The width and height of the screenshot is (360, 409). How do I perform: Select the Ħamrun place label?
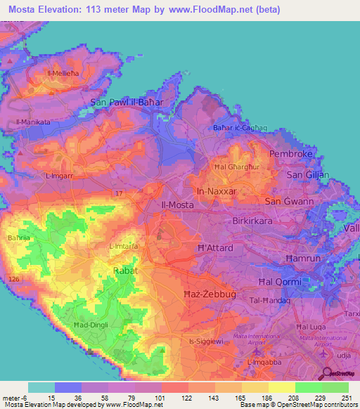303,259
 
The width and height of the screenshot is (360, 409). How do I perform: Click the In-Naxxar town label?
216,190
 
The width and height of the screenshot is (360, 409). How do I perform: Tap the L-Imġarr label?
59,175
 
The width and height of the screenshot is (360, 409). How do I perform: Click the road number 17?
119,192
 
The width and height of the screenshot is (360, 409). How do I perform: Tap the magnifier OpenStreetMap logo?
326,374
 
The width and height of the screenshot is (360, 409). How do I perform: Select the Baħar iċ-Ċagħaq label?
241,128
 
